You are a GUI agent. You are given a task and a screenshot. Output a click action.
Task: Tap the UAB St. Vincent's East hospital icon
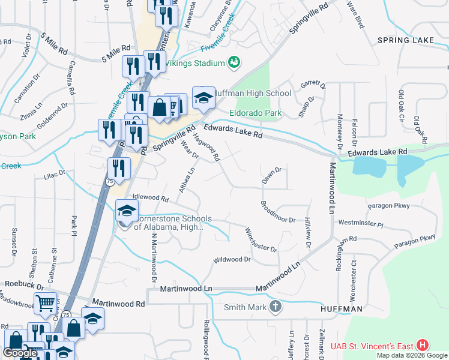click(423, 346)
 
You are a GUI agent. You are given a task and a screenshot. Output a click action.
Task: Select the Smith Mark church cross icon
click(275, 307)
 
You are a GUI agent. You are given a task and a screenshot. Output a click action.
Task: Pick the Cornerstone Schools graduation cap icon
click(127, 211)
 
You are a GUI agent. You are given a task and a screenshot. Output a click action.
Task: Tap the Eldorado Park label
click(255, 112)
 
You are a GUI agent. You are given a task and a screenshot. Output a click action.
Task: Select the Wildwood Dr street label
click(231, 260)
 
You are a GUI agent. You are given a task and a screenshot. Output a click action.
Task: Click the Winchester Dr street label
click(260, 239)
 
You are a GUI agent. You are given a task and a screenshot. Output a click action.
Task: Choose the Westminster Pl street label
click(360, 223)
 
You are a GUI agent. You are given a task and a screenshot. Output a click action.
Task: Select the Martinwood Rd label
click(118, 304)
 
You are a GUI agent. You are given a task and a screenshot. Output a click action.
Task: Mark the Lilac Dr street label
click(53, 173)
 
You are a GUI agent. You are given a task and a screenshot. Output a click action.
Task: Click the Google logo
click(20, 353)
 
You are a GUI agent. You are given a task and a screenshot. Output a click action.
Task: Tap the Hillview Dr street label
click(307, 232)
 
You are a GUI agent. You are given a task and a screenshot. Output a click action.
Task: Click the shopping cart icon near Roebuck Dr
click(45, 303)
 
